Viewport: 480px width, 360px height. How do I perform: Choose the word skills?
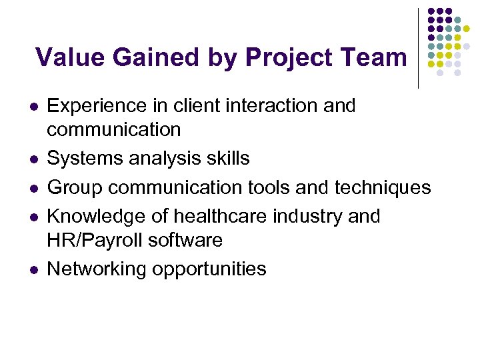coord(227,158)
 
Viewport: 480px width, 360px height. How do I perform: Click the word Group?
coord(73,187)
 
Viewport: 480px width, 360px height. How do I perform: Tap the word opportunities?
coord(209,269)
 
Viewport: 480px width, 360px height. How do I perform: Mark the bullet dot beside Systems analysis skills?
coord(32,159)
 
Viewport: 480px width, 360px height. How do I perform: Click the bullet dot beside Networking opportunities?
coord(32,269)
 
